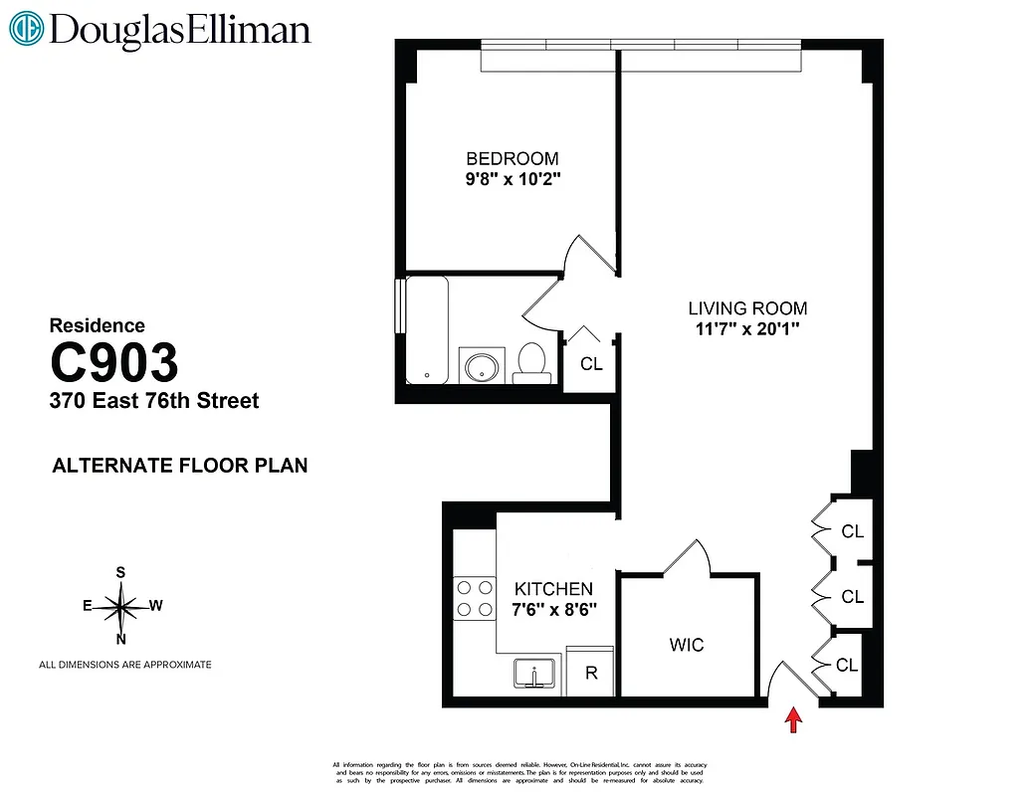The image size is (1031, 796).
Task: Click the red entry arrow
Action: point(793,719)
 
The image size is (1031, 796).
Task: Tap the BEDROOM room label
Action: point(513,158)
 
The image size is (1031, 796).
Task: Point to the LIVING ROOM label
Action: point(747,307)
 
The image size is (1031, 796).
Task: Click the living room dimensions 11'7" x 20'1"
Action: point(747,328)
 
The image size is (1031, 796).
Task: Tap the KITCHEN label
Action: point(553,589)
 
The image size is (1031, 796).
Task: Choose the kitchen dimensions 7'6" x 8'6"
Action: point(553,609)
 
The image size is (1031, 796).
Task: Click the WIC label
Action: point(687,645)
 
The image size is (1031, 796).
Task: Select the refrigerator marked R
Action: point(591,673)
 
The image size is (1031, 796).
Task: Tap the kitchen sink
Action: point(536,674)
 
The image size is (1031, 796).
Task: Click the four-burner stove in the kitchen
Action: point(474,597)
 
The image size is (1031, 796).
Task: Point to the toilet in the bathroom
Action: point(532,362)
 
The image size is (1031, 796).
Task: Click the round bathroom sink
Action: point(483,364)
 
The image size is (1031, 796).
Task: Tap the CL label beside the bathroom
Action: point(591,364)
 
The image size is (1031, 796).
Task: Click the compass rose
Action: point(120,605)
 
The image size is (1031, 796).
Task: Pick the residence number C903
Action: point(114,363)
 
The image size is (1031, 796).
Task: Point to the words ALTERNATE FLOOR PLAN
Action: point(179,465)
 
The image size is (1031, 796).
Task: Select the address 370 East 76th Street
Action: point(154,401)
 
